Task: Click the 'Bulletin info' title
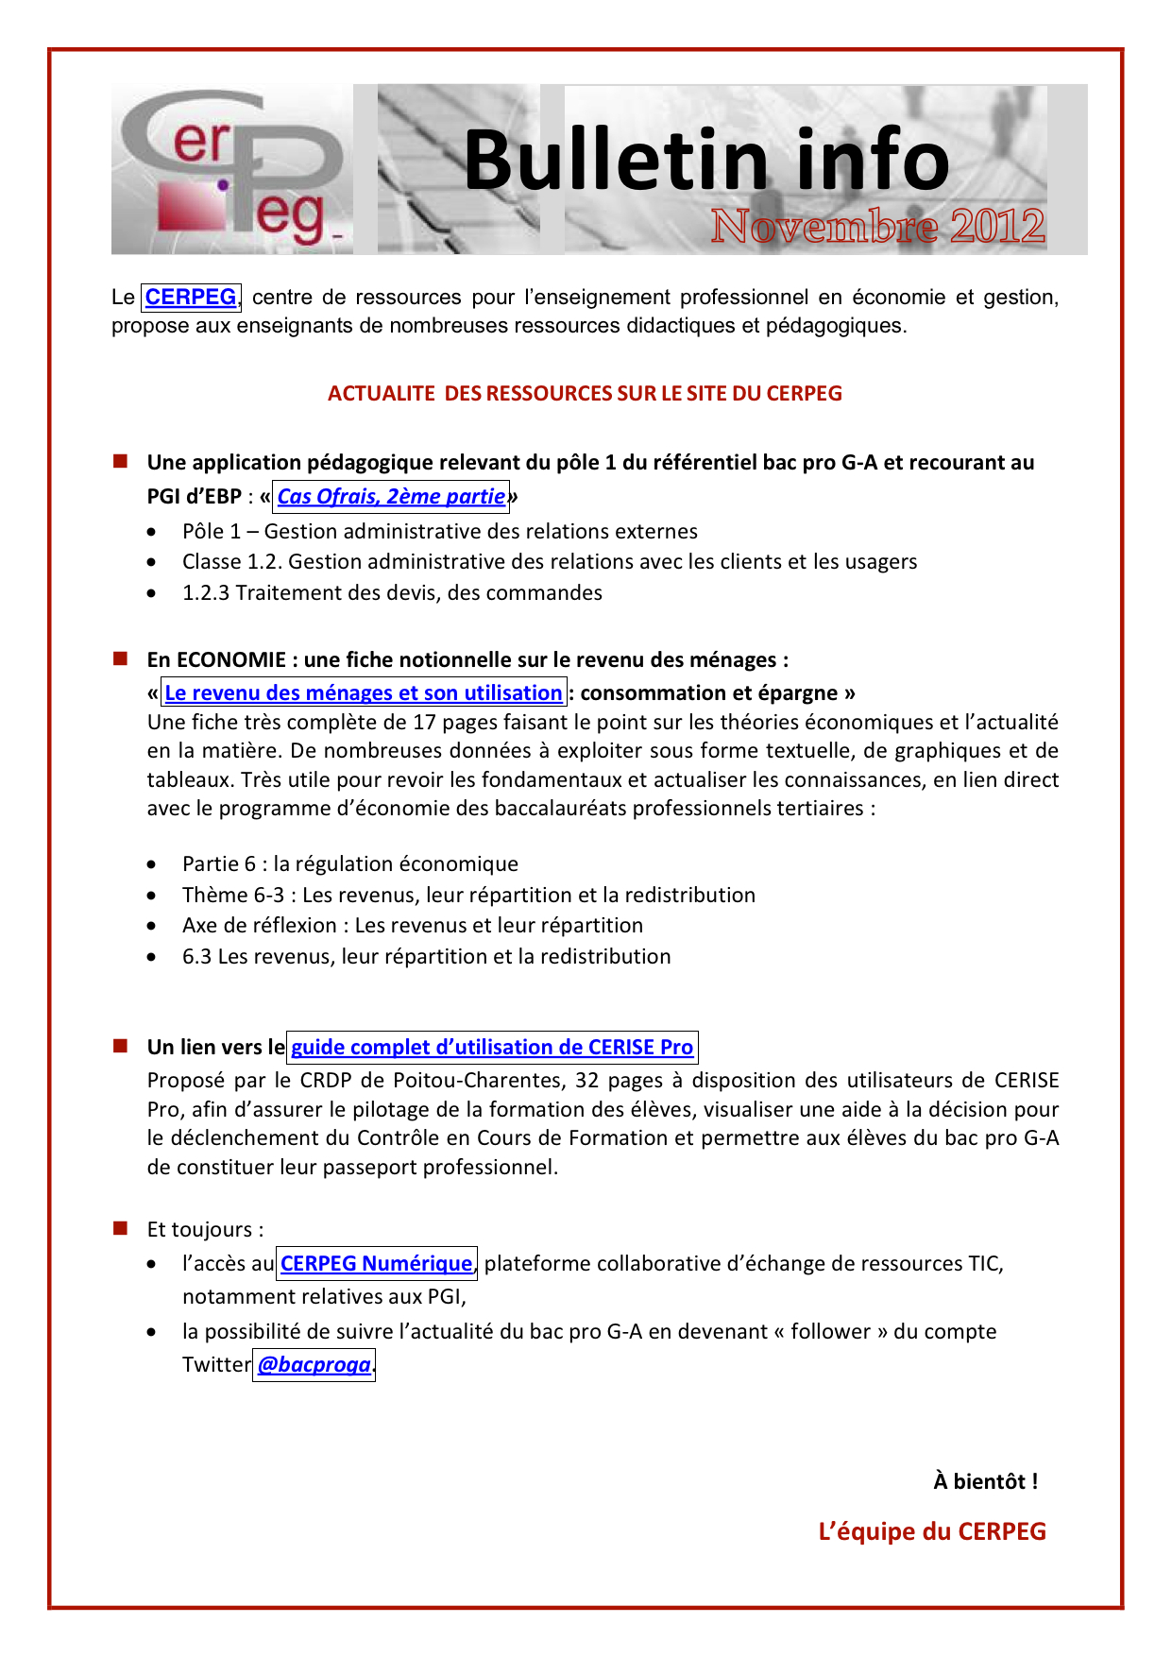[x=706, y=161]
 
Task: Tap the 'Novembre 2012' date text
[x=877, y=227]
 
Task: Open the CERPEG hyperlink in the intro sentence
[x=191, y=298]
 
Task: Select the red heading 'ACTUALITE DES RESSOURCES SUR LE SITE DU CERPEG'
[x=585, y=394]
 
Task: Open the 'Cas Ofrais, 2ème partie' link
[x=391, y=497]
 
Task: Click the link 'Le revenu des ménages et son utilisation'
[x=364, y=693]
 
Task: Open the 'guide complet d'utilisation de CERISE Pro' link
[x=492, y=1048]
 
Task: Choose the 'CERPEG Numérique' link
[x=376, y=1264]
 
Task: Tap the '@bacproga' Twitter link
[x=314, y=1365]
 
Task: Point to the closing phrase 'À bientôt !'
[x=985, y=1481]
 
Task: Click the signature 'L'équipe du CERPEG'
[x=932, y=1531]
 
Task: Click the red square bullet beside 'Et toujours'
[x=120, y=1228]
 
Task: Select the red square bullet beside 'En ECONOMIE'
[x=120, y=658]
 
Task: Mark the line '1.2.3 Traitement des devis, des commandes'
[x=392, y=593]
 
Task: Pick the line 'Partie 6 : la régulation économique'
[x=350, y=864]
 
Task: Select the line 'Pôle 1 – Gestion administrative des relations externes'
[x=440, y=532]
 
